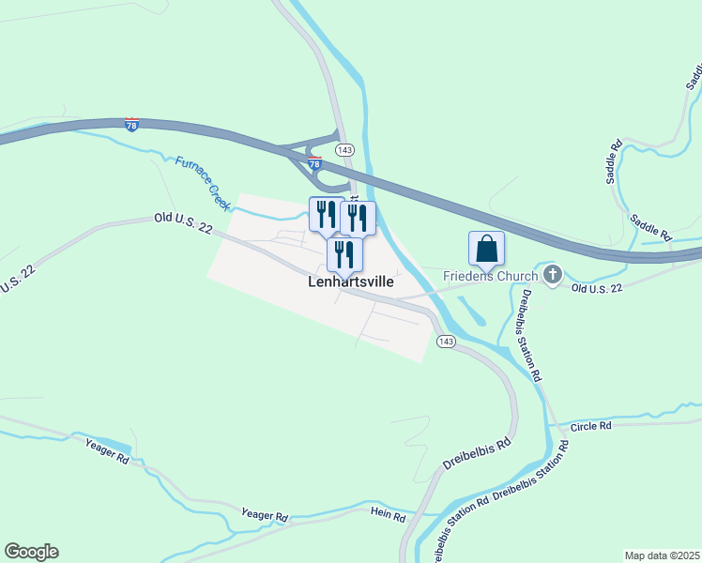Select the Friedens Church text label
491,275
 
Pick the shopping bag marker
486,249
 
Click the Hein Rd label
388,516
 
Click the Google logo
31,552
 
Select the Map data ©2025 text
662,555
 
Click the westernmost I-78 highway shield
131,124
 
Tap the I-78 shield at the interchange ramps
315,162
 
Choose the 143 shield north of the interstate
344,150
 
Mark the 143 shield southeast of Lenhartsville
446,342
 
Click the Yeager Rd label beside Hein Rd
265,515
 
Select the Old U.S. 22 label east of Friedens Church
597,288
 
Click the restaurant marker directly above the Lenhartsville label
344,253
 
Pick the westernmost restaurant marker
325,214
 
